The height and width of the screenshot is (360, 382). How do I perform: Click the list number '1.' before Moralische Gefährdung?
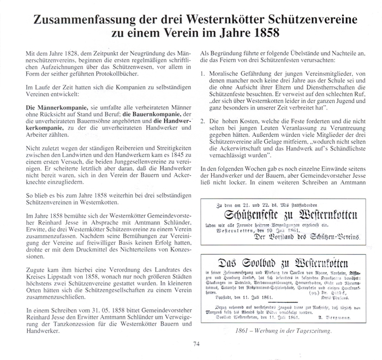[204, 73]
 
